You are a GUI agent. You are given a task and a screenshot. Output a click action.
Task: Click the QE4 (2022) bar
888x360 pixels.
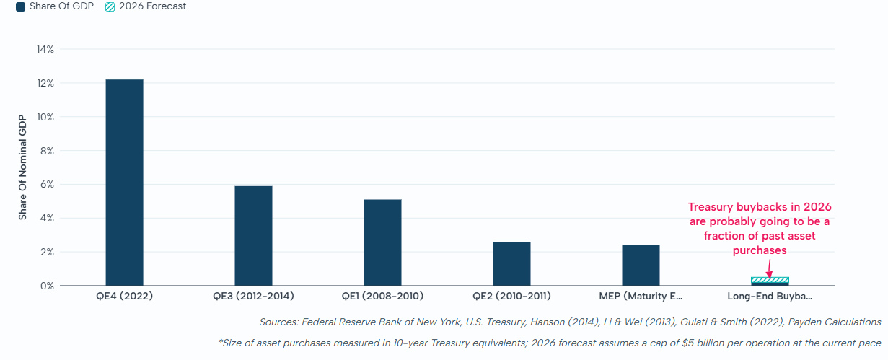(125, 183)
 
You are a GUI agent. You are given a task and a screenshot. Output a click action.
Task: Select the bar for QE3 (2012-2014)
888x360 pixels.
(253, 236)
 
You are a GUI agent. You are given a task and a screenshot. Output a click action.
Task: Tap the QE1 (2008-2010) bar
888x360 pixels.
(382, 242)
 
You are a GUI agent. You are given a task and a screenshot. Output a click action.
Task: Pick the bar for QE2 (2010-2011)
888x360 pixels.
(511, 263)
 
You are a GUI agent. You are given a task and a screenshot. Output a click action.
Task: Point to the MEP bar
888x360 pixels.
(641, 265)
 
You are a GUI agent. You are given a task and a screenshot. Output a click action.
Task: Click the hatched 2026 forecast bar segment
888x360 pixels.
(770, 280)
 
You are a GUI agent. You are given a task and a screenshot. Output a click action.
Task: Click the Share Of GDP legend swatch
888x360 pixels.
(21, 6)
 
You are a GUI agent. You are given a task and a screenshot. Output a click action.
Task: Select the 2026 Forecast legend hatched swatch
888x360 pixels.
(110, 6)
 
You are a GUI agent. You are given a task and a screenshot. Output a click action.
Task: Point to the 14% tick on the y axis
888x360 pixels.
(45, 49)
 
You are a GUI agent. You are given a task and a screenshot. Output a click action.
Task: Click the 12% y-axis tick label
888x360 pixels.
(45, 83)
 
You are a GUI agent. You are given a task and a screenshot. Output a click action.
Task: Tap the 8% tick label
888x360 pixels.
(47, 151)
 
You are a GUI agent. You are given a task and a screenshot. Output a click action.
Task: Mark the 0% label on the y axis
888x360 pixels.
(47, 286)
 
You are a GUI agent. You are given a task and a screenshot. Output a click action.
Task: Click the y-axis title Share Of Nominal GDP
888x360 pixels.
(22, 167)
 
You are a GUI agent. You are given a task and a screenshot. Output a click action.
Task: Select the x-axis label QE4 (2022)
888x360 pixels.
(125, 297)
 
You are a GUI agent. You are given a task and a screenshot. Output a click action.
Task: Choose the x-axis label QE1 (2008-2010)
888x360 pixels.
(382, 297)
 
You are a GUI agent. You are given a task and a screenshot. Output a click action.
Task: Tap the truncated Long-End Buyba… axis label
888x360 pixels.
(770, 297)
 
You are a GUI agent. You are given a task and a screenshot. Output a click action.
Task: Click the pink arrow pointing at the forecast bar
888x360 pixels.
(770, 269)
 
